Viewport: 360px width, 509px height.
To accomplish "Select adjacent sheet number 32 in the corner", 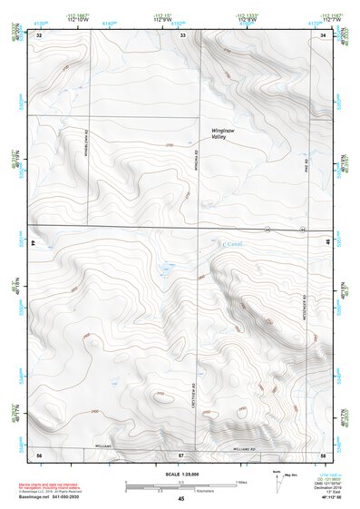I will coord(39,34).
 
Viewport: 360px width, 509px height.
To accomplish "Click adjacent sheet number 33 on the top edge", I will coord(182,34).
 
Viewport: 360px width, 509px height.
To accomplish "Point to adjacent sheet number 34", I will coord(324,34).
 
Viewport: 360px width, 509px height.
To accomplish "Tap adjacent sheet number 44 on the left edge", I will coord(33,243).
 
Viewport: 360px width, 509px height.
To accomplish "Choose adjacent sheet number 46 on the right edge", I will coord(328,243).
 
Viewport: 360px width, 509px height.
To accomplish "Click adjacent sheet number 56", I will coord(39,453).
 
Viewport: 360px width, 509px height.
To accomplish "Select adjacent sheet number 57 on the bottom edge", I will coord(181,453).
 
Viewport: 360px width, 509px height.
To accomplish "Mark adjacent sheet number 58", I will coord(323,453).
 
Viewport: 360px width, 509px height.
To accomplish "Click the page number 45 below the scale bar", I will coord(181,498).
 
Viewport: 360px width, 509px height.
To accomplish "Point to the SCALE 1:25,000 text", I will coord(180,474).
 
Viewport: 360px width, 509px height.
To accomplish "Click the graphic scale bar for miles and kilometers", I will coord(180,486).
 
